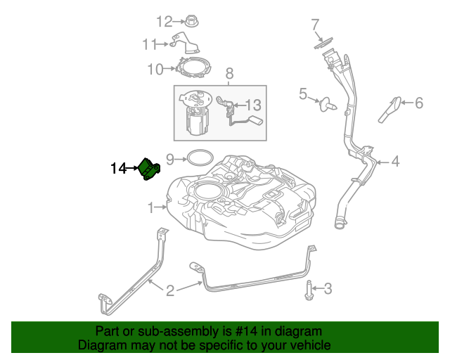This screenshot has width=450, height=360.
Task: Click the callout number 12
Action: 163,21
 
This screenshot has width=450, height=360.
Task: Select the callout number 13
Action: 252,105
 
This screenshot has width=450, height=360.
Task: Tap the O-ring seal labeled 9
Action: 198,156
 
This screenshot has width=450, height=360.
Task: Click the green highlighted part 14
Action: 150,169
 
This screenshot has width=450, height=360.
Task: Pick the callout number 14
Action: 117,168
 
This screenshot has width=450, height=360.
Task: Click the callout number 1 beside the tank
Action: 150,207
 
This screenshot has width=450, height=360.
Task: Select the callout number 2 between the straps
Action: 170,290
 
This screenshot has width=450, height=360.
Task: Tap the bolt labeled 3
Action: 309,288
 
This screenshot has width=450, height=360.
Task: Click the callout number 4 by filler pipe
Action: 395,162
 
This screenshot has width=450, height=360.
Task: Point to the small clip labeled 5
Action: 327,105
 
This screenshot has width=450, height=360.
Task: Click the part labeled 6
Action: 391,108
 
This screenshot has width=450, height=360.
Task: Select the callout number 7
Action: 316,26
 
